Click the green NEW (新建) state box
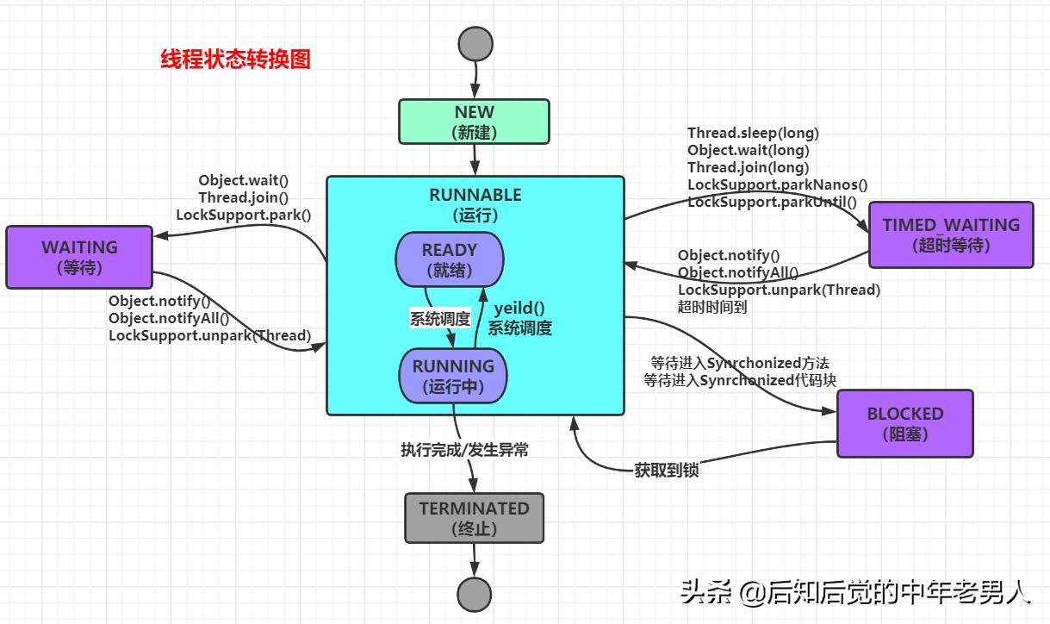coord(474,122)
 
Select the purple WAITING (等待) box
coord(79,257)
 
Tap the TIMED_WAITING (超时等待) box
coord(950,234)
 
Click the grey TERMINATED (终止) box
coord(474,518)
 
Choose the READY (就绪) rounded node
coord(449,259)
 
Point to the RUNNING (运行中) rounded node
coord(453,376)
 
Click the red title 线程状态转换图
coord(235,59)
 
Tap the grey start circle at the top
coord(475,43)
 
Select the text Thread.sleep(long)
coord(753,133)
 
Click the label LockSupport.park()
coord(243,215)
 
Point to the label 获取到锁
coord(666,470)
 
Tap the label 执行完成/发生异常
coord(464,449)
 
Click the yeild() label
coord(519,309)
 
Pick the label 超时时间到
coord(712,307)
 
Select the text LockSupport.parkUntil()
coord(772,202)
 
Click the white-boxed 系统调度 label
coord(439,319)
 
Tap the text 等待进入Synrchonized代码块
coord(740,380)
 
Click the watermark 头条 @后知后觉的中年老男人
coord(854,592)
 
